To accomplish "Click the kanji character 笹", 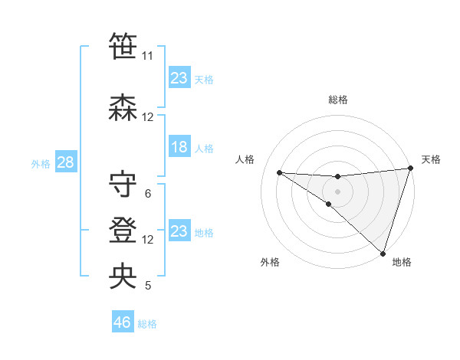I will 123,47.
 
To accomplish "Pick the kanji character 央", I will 123,277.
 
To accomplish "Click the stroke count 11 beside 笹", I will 147,56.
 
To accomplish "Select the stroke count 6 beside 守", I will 147,194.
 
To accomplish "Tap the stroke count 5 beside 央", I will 147,286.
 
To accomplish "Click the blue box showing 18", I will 179,147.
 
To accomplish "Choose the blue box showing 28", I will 64,162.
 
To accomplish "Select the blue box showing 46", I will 122,322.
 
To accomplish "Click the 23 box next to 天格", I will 179,78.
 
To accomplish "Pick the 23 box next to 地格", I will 179,231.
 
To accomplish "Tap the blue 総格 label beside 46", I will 147,324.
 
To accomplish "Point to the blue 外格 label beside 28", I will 41,163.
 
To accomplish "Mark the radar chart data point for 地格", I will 383,254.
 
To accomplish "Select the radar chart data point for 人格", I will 279,172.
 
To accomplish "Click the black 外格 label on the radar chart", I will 270,262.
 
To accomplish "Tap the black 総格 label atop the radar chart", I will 337,100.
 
